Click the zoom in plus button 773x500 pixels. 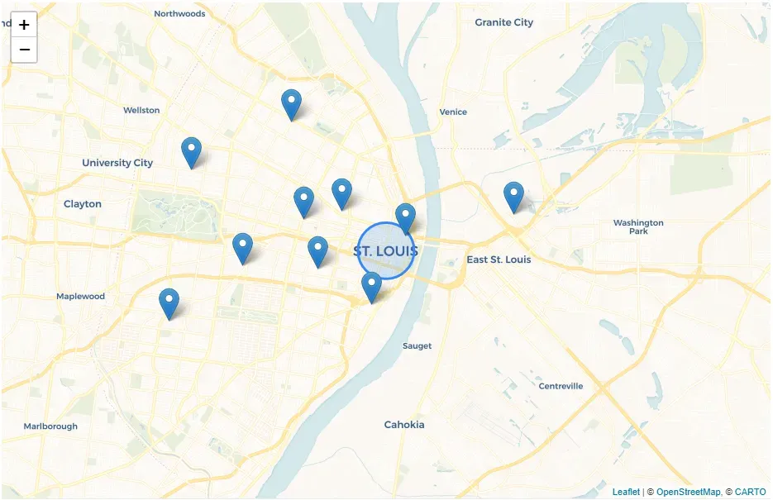(x=24, y=25)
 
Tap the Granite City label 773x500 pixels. (x=503, y=22)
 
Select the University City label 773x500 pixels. (x=117, y=163)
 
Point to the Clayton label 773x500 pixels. (x=83, y=203)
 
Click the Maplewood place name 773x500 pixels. (x=80, y=296)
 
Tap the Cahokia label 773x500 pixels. (x=404, y=424)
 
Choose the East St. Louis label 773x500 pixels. (x=499, y=260)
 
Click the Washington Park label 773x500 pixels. (x=638, y=226)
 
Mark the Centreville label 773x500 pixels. (x=561, y=386)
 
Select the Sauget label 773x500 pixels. (x=417, y=345)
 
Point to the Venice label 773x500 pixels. (x=453, y=112)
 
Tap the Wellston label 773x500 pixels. (x=141, y=110)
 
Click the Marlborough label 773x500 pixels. (x=50, y=426)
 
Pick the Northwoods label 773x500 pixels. (x=179, y=14)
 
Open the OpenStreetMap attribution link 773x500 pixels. (x=688, y=492)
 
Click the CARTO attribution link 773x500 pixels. (x=750, y=492)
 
